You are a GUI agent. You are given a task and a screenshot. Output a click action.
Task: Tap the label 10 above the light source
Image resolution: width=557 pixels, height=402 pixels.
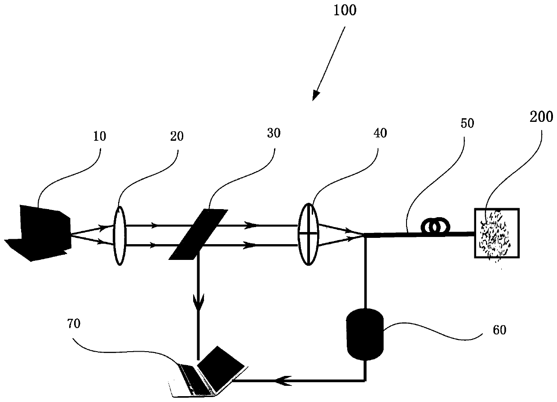(99, 137)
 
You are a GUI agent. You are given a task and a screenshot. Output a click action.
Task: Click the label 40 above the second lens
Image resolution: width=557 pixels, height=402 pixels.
(379, 133)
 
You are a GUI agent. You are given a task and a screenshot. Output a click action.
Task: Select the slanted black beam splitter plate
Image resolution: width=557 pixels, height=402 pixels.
(197, 234)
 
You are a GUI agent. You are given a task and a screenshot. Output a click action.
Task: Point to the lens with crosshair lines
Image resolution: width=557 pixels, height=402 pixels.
(308, 234)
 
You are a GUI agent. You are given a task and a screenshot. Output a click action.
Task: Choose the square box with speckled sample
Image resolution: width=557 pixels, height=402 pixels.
(496, 233)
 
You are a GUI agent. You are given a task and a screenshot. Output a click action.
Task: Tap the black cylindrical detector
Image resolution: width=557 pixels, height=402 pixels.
(364, 335)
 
